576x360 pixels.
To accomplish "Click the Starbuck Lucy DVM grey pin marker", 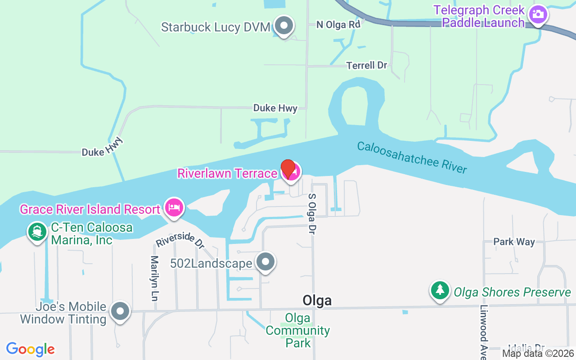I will pyautogui.click(x=283, y=26).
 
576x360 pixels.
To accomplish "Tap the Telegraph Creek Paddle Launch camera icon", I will pyautogui.click(x=537, y=14).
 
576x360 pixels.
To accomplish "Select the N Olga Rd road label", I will pyautogui.click(x=338, y=24).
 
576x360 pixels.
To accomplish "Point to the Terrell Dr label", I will pyautogui.click(x=367, y=65).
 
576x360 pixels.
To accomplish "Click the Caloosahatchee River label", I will pyautogui.click(x=412, y=157).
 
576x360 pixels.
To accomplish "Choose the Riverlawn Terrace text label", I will pyautogui.click(x=227, y=173).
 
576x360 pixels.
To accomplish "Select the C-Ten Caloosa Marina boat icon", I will pyautogui.click(x=37, y=232).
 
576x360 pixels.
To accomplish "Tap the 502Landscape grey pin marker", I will pyautogui.click(x=265, y=261).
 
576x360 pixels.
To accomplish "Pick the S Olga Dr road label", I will pyautogui.click(x=311, y=213).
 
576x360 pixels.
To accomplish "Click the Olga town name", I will pyautogui.click(x=317, y=300).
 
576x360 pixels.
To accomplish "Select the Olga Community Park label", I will pyautogui.click(x=297, y=331).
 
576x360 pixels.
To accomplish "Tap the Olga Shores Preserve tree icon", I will pyautogui.click(x=440, y=290).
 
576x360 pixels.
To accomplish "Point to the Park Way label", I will pyautogui.click(x=514, y=242).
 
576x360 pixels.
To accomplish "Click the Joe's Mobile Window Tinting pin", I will pyautogui.click(x=120, y=311).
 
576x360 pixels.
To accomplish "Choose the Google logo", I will pyautogui.click(x=31, y=349).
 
